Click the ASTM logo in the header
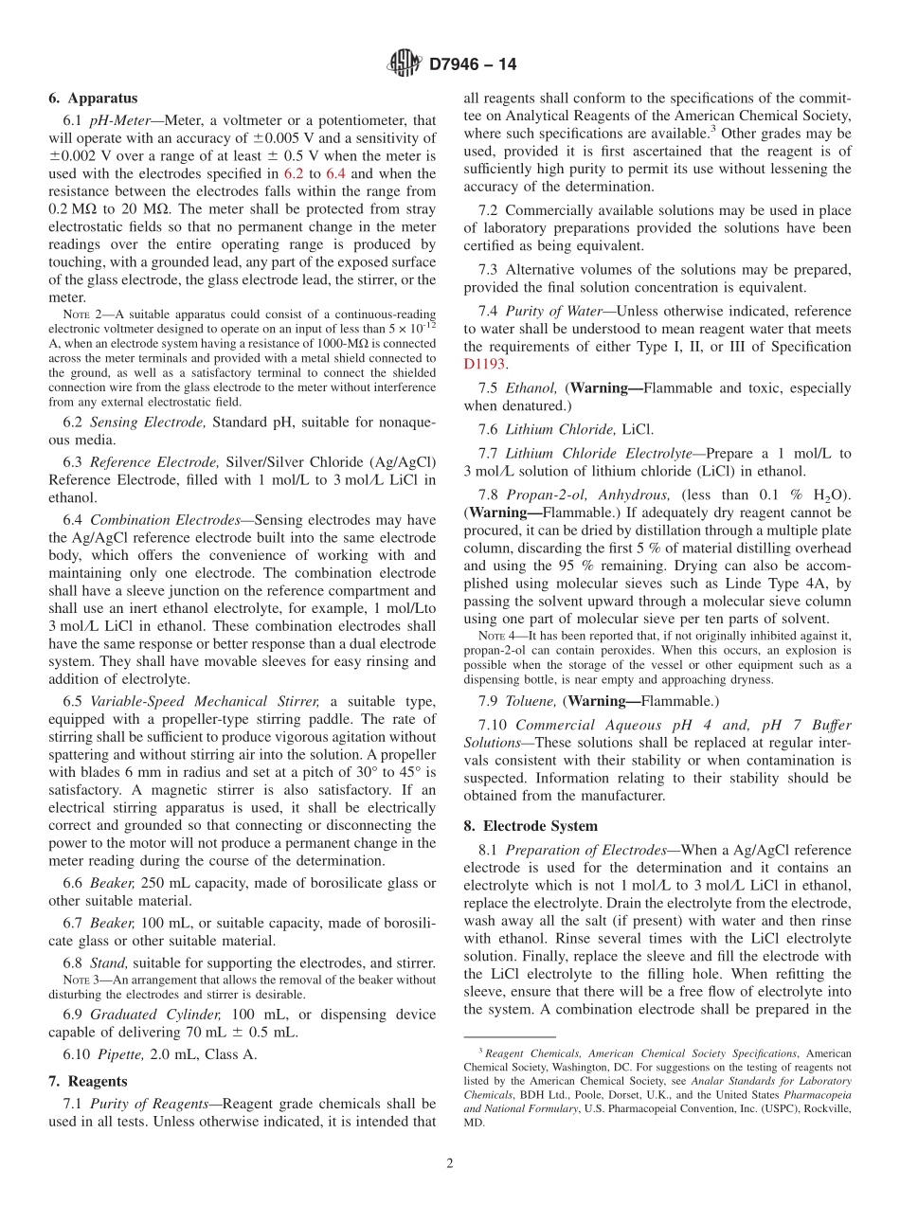[x=405, y=64]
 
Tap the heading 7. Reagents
[x=87, y=1081]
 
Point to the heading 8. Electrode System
[x=531, y=826]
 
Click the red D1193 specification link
[x=485, y=363]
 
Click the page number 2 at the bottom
[x=450, y=1163]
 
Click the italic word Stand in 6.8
[x=108, y=963]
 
